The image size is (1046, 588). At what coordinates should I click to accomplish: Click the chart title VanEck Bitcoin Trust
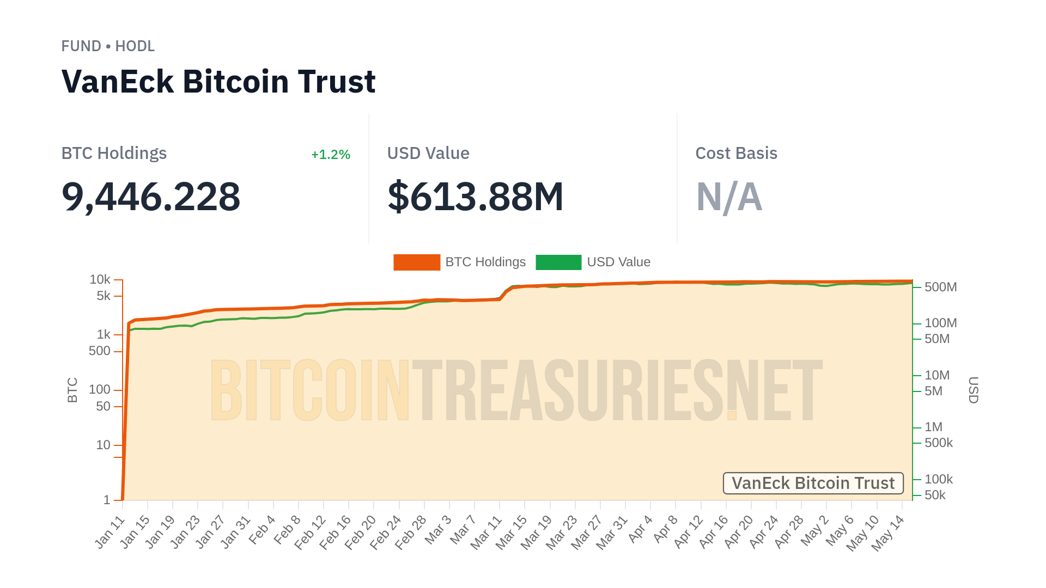(x=218, y=82)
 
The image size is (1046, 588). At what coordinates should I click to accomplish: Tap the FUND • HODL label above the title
(x=108, y=46)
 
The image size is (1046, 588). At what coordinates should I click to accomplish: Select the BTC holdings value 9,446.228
(x=151, y=197)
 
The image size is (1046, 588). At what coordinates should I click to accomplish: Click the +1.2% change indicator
(x=330, y=155)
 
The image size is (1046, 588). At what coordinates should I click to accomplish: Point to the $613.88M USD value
(x=475, y=197)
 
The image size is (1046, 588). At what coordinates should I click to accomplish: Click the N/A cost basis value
(x=729, y=197)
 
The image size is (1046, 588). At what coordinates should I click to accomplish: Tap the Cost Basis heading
(x=736, y=154)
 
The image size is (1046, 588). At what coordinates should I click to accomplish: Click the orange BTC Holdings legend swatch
(x=417, y=262)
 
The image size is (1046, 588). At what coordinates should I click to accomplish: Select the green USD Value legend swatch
(x=558, y=262)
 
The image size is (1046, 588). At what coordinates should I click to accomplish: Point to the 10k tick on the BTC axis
(x=100, y=279)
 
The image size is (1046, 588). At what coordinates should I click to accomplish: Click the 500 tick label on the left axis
(x=100, y=351)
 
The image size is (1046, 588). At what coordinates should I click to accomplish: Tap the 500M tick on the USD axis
(x=940, y=287)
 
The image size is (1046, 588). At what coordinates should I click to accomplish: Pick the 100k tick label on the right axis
(x=938, y=479)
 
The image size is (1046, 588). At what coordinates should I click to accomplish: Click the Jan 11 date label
(x=110, y=532)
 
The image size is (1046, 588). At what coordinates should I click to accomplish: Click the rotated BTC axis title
(x=72, y=390)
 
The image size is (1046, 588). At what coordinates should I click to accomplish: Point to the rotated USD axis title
(x=973, y=390)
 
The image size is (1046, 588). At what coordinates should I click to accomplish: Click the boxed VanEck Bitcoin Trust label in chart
(x=813, y=483)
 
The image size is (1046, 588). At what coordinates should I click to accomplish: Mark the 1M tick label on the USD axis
(x=933, y=427)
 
